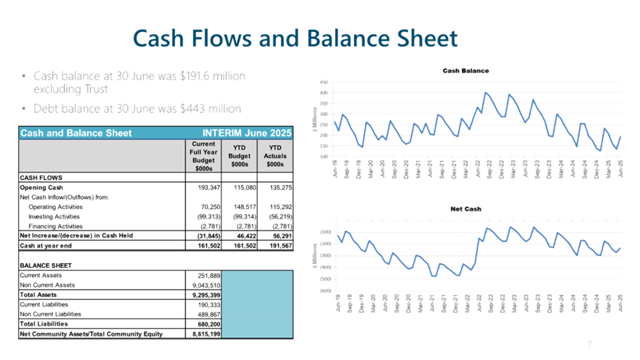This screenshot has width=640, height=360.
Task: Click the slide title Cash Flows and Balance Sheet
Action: click(295, 38)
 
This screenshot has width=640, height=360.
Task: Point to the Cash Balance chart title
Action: click(465, 70)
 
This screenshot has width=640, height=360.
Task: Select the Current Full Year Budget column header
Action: click(203, 155)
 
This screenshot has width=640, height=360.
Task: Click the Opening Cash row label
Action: click(42, 187)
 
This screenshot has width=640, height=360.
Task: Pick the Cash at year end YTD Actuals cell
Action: click(276, 246)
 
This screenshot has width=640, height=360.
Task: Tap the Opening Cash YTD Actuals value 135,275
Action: click(276, 187)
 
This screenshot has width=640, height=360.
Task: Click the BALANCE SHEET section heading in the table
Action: click(46, 266)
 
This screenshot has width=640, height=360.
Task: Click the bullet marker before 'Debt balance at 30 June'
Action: click(24, 108)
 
